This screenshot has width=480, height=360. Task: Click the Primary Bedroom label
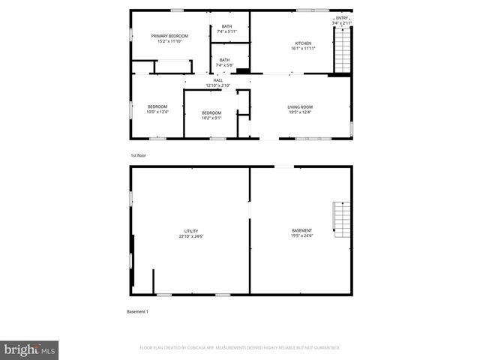(169, 36)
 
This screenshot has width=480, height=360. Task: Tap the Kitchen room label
(303, 43)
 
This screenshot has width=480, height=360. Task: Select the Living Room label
(300, 107)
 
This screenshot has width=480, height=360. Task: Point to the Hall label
(218, 80)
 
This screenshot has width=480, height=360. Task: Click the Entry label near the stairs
(342, 18)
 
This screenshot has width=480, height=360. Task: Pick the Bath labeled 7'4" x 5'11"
(226, 26)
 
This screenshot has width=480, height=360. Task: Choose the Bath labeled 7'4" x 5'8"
(224, 60)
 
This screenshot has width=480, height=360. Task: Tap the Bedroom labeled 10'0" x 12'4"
(157, 106)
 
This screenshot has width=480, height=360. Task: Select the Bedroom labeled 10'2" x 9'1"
(211, 113)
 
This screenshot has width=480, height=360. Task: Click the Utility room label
(191, 231)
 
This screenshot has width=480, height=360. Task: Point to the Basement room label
(302, 230)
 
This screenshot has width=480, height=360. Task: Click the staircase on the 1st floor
(342, 50)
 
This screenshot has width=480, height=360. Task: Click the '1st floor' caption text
(137, 155)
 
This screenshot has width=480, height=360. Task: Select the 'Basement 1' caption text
(138, 311)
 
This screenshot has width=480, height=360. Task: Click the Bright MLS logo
(30, 349)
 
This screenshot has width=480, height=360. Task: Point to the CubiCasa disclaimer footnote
(240, 348)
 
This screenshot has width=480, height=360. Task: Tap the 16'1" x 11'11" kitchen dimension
(303, 48)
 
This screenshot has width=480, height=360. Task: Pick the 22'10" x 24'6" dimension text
(191, 236)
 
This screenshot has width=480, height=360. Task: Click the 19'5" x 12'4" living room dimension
(300, 112)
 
